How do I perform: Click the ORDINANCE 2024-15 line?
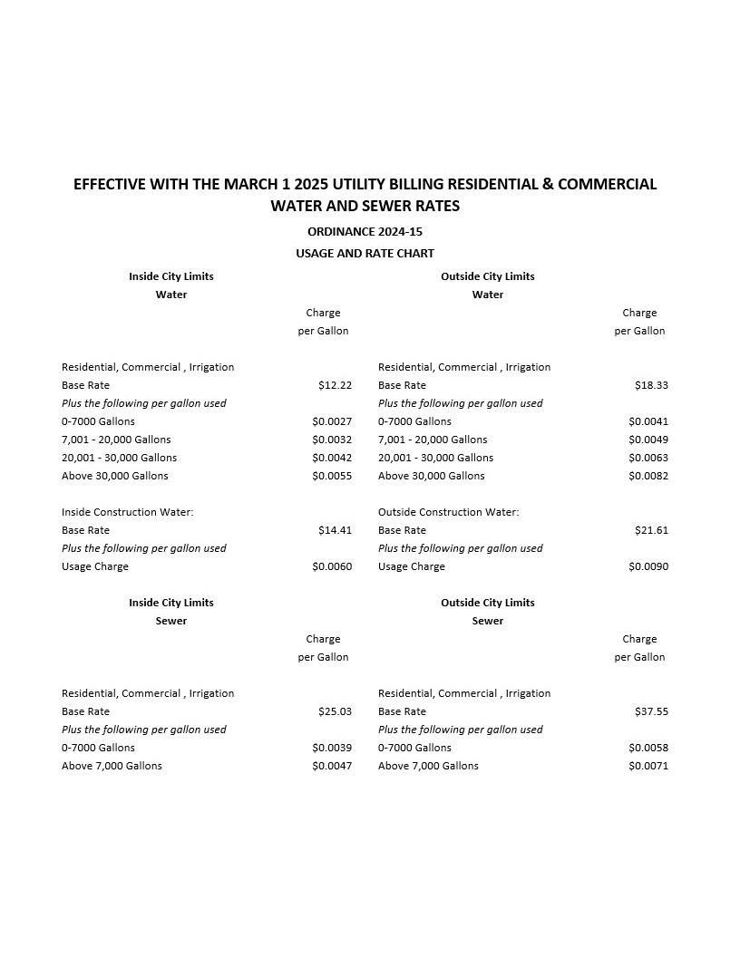[365, 232]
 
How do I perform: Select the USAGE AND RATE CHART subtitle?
[365, 254]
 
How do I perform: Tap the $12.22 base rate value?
[335, 385]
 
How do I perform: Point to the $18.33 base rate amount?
[651, 385]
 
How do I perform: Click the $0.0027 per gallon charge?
[332, 421]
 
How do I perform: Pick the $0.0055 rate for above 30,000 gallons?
[332, 476]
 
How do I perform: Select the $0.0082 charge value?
[648, 476]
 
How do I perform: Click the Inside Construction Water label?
[127, 512]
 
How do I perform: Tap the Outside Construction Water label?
[448, 512]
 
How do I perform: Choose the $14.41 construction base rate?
[335, 530]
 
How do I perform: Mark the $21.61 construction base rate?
[651, 530]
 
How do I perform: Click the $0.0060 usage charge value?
[332, 566]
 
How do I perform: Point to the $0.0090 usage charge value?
[648, 566]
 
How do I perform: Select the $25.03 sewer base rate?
[335, 711]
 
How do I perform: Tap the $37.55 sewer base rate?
[651, 711]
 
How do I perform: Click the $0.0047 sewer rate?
[332, 766]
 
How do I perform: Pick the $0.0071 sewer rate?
[648, 766]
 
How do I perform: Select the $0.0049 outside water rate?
[648, 440]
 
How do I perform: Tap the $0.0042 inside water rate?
[332, 458]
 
